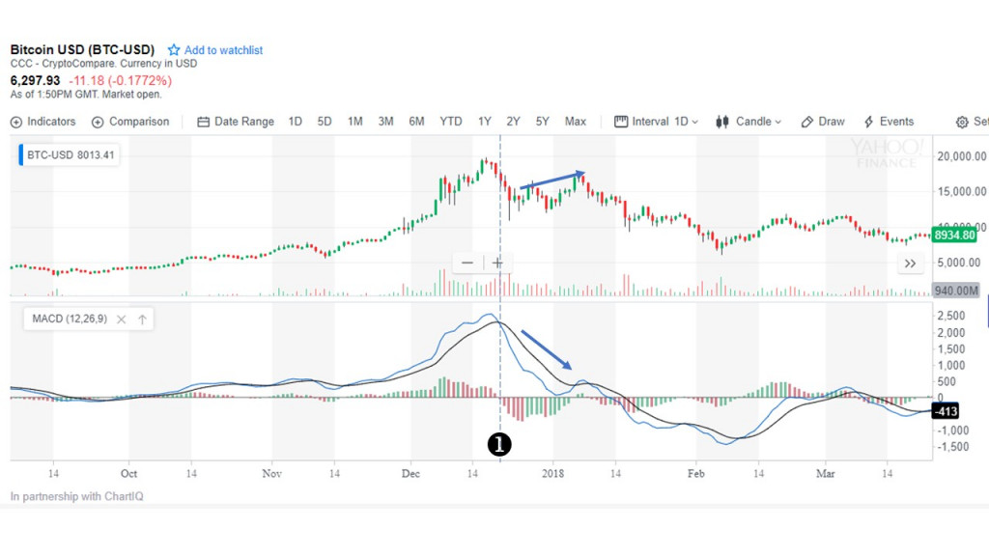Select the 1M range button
pyautogui.click(x=355, y=122)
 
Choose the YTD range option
pyautogui.click(x=450, y=122)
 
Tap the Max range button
pyautogui.click(x=576, y=122)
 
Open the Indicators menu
pyautogui.click(x=43, y=122)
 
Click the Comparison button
pyautogui.click(x=130, y=122)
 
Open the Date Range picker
pyautogui.click(x=236, y=122)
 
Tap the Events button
pyautogui.click(x=889, y=122)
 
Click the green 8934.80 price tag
pyautogui.click(x=954, y=235)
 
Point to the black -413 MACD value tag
pyautogui.click(x=943, y=412)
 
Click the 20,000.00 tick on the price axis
pyautogui.click(x=961, y=156)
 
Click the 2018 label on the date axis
pyautogui.click(x=552, y=474)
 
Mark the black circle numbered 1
pyautogui.click(x=499, y=444)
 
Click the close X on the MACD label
pyautogui.click(x=122, y=320)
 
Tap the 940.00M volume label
pyautogui.click(x=955, y=290)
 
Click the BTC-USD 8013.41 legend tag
pyautogui.click(x=69, y=153)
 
